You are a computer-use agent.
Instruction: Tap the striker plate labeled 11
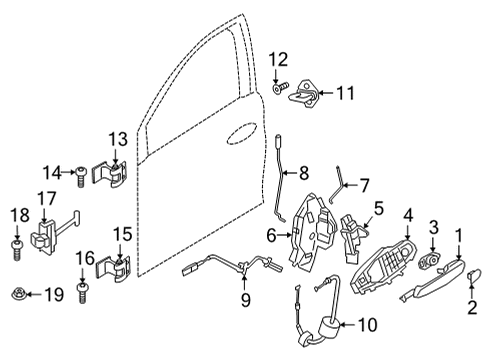click(305, 95)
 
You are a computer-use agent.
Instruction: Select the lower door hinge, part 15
click(117, 271)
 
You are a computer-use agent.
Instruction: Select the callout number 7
click(364, 185)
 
